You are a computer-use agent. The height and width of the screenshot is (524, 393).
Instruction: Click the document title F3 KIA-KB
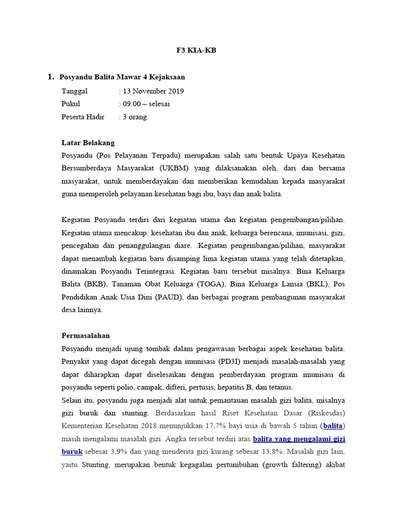coord(196,51)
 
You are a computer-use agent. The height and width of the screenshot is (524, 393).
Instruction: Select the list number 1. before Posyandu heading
coord(51,77)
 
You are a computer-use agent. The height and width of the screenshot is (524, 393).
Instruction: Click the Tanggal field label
coord(75,92)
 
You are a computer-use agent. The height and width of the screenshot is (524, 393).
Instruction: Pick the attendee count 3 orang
coord(135,117)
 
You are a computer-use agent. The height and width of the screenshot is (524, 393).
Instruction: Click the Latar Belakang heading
coord(88,143)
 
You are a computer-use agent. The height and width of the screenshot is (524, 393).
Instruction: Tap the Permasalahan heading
coord(85,336)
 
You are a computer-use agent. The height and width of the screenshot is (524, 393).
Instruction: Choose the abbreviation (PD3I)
coord(232,362)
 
